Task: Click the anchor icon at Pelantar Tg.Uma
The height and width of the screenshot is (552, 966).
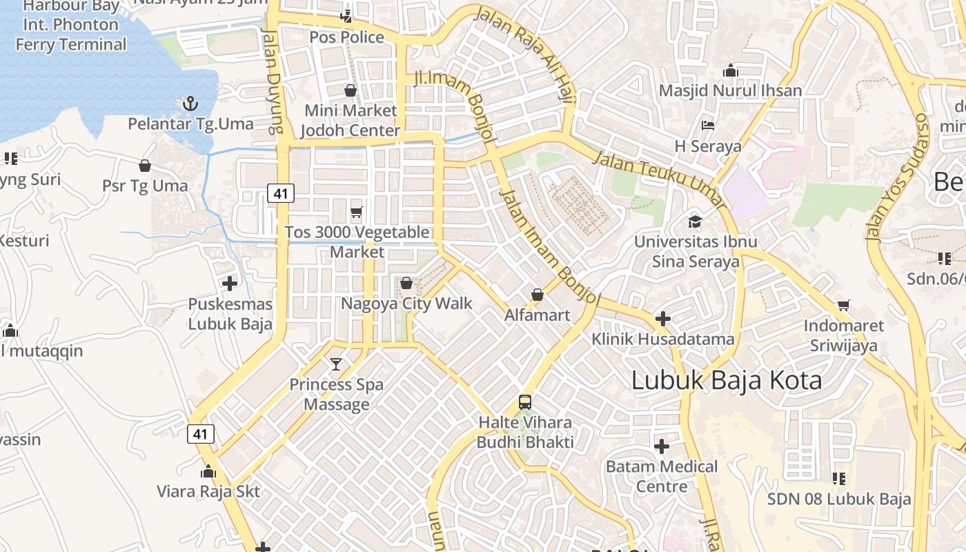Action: click(x=190, y=104)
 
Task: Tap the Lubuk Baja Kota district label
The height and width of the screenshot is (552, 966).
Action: click(x=727, y=381)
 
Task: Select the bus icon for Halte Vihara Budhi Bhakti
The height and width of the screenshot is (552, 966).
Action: click(x=525, y=402)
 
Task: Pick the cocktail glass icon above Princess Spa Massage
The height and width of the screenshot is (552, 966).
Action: click(x=336, y=364)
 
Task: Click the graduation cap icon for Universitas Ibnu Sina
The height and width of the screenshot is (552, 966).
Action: click(x=695, y=221)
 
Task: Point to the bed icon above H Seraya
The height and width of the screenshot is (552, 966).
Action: click(x=708, y=126)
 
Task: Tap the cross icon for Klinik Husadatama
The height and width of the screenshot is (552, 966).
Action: click(x=662, y=319)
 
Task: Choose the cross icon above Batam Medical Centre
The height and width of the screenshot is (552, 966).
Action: click(x=662, y=446)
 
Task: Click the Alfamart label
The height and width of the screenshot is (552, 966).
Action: click(x=538, y=315)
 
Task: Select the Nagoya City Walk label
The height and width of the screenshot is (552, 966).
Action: click(x=406, y=303)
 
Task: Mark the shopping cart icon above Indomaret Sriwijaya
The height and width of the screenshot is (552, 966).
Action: click(x=843, y=305)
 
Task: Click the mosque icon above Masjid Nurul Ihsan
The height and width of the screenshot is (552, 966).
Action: click(x=730, y=70)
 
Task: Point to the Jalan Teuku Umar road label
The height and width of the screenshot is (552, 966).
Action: click(x=660, y=180)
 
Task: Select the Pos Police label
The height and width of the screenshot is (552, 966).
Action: click(x=346, y=37)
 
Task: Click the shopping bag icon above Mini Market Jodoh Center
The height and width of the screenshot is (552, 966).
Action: click(x=351, y=90)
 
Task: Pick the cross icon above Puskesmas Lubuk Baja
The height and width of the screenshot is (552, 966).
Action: click(x=230, y=283)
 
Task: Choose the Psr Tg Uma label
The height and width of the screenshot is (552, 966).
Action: click(x=145, y=186)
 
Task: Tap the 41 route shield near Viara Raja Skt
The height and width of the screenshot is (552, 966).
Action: click(x=200, y=434)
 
